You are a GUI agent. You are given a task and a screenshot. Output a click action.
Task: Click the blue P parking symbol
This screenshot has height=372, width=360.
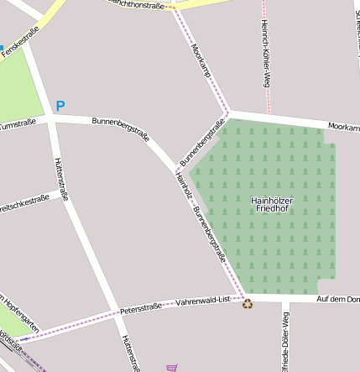tap(60, 107)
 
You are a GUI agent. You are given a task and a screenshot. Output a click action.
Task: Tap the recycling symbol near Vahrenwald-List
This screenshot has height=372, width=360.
tap(248, 303)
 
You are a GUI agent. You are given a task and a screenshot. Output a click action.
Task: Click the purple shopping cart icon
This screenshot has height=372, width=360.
tap(172, 367)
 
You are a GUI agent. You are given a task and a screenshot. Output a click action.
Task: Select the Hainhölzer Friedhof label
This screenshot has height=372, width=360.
tap(269, 204)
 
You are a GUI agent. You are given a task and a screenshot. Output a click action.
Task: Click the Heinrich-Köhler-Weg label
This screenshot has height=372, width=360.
tap(265, 52)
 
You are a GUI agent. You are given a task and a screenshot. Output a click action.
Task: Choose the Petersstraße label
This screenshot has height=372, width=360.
tap(140, 308)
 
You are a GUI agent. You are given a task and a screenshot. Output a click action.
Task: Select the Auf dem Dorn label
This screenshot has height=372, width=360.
tap(337, 299)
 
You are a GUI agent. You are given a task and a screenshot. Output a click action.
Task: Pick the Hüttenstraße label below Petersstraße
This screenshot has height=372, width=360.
tap(129, 353)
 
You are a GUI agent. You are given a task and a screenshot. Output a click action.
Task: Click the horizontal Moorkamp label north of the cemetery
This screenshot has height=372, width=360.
tap(343, 127)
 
